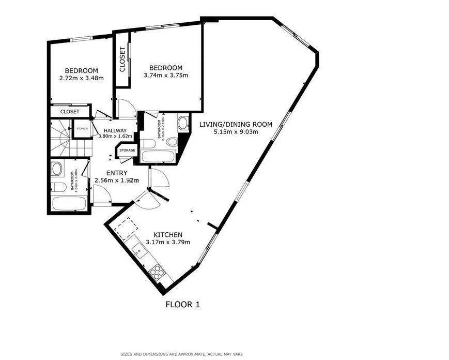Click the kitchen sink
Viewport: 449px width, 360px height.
pos(139,252)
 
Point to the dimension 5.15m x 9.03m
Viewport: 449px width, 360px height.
pos(236,132)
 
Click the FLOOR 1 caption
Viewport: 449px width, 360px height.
pos(182,305)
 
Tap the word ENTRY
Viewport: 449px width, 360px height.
pos(117,173)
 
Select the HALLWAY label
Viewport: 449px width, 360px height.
pos(115,130)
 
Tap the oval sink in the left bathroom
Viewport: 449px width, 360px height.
pos(57,169)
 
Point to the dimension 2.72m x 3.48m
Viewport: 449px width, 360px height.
pos(82,79)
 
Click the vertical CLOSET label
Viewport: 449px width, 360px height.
pos(122,59)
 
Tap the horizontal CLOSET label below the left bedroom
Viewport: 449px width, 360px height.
pos(70,112)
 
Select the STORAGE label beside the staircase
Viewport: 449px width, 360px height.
pos(82,129)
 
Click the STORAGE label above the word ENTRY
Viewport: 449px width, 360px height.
pos(128,151)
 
